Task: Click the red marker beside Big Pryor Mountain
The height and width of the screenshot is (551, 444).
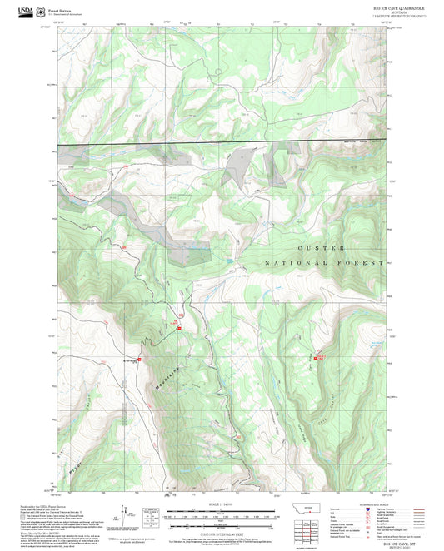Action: click(x=140, y=360)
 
